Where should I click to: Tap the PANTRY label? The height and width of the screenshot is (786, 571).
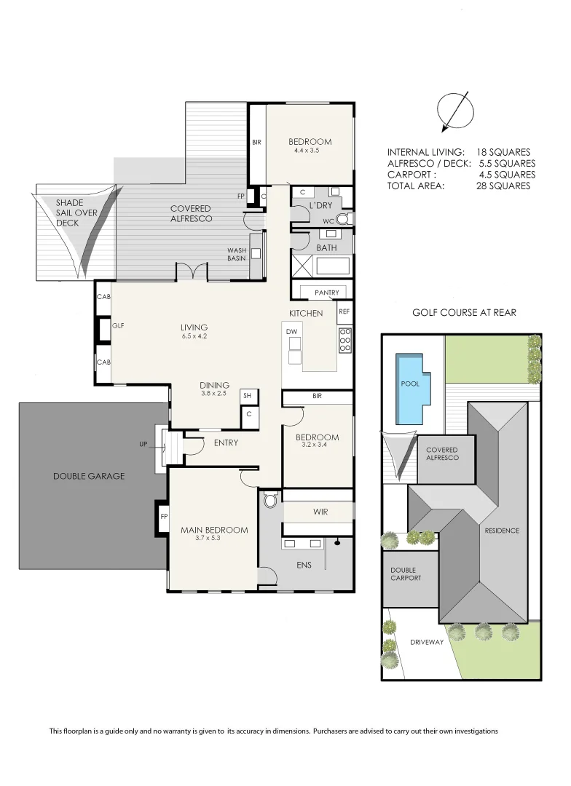(x=327, y=293)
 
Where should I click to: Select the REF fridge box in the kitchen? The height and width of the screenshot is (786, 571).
(x=344, y=311)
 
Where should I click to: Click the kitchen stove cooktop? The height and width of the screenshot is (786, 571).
(x=345, y=340)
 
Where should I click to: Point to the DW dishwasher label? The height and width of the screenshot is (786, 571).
(x=292, y=332)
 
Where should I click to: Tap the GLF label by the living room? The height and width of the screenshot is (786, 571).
(x=118, y=326)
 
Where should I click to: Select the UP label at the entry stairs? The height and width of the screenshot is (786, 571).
(x=143, y=443)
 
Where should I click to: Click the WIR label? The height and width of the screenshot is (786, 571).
(x=320, y=512)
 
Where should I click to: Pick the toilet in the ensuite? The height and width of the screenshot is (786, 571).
(x=271, y=501)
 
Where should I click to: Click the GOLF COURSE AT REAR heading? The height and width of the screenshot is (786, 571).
(x=464, y=313)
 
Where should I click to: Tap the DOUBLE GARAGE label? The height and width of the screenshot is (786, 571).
(x=89, y=476)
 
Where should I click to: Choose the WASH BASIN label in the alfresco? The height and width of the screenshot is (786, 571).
(x=237, y=254)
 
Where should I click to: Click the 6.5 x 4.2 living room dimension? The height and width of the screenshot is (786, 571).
(x=194, y=336)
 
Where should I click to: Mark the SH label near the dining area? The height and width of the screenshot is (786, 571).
(x=247, y=395)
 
